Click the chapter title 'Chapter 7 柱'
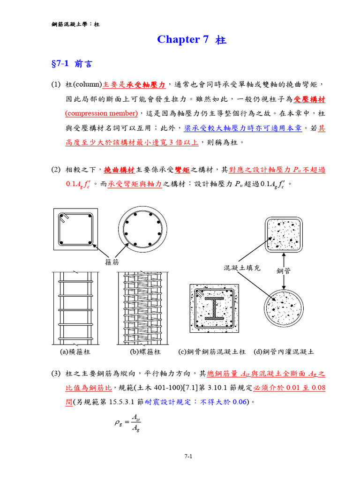tap(192, 40)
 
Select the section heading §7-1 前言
tap(71, 64)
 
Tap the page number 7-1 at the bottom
tap(188, 457)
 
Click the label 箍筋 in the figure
tap(112, 262)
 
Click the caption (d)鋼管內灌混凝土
tap(284, 351)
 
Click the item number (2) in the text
tap(56, 170)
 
